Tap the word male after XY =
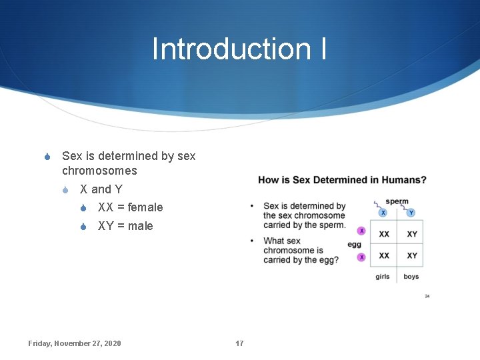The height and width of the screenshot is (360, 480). coord(140,226)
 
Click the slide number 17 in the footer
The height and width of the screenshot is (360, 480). coord(239,343)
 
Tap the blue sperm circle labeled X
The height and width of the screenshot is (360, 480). coord(383,213)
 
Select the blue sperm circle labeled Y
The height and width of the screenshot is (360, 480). coord(411,213)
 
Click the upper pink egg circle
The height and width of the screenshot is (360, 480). coord(361,231)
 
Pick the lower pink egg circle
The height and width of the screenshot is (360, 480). coord(361,257)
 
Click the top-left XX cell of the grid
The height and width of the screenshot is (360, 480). coord(384,234)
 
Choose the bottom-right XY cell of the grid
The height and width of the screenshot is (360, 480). coord(412,255)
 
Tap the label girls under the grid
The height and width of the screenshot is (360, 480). coord(383,277)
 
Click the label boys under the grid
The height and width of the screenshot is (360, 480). coord(411,277)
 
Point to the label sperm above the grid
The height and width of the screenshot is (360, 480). coord(397,201)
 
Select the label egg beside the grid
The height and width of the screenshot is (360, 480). coord(354,245)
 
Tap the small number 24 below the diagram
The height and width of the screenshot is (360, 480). coord(427,296)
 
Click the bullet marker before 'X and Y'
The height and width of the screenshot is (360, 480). coord(65,190)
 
